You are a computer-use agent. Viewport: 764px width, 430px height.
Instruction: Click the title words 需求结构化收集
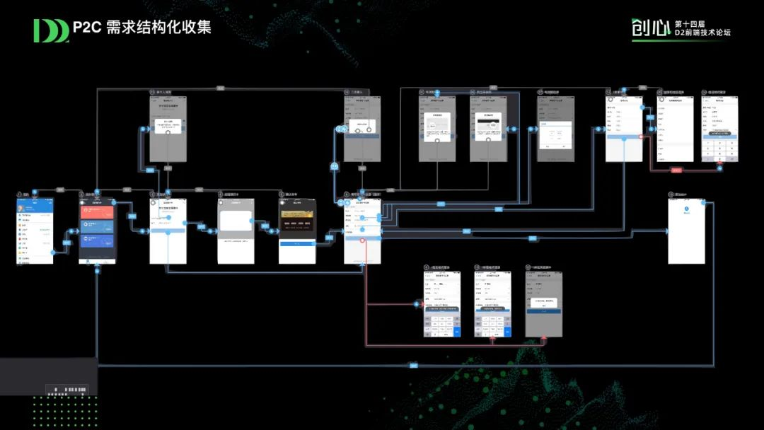click(158, 28)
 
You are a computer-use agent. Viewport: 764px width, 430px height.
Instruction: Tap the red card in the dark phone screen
click(97, 210)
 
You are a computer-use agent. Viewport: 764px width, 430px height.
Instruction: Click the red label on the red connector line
click(676, 170)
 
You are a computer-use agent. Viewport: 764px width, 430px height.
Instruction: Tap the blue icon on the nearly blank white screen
click(686, 210)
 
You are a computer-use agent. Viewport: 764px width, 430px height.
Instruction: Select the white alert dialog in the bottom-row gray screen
click(543, 303)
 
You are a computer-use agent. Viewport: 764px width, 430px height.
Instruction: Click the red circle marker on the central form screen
click(363, 241)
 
